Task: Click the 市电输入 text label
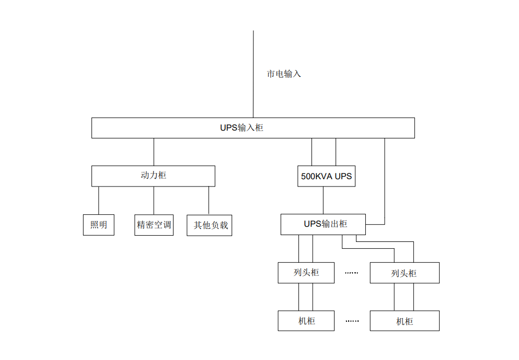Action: click(284, 74)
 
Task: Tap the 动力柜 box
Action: click(153, 176)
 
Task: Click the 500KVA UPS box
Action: click(327, 177)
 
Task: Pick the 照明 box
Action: click(99, 225)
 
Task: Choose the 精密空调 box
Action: click(154, 225)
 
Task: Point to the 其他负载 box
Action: click(209, 225)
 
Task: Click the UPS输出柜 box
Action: click(323, 224)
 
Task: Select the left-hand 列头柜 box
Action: click(306, 273)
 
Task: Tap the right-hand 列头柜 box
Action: click(405, 273)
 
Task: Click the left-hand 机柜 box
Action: click(306, 321)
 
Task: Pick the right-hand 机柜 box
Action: click(405, 321)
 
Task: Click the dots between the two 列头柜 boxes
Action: click(352, 273)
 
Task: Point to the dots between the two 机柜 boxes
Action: click(352, 321)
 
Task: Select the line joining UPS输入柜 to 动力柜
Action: click(154, 152)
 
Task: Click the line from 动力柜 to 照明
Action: click(99, 200)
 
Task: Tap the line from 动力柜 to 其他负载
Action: click(209, 200)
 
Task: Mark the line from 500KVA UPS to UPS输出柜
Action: click(323, 200)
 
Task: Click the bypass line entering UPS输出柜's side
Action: click(385, 183)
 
